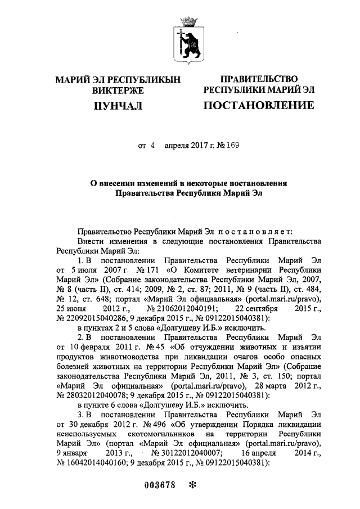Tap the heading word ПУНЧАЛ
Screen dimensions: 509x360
(118, 106)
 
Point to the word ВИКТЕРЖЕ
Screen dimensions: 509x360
(118, 90)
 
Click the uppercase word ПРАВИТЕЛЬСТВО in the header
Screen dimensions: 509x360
(258, 79)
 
